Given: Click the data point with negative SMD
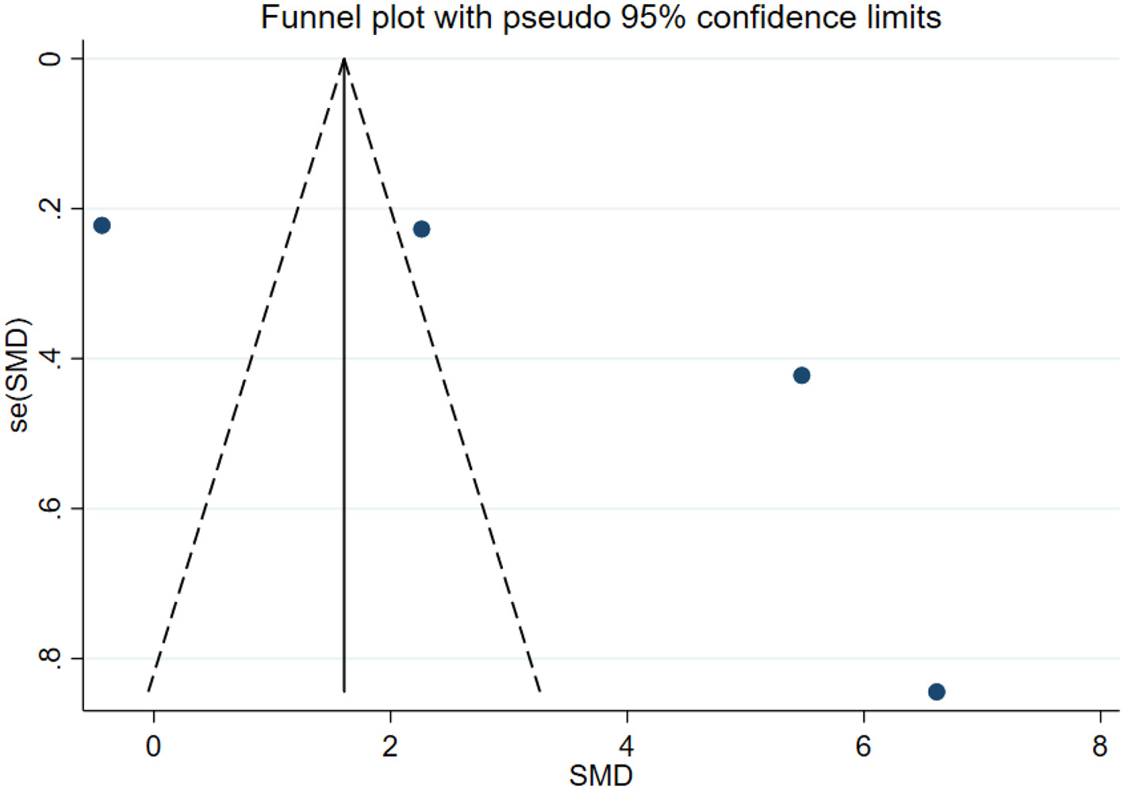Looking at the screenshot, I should (x=102, y=225).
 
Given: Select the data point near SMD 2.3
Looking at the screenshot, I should (x=421, y=229).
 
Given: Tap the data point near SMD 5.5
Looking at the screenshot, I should (x=801, y=376).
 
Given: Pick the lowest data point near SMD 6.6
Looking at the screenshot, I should (x=936, y=692).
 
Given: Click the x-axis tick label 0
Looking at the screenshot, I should (x=153, y=746).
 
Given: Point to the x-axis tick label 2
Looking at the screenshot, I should (x=389, y=746).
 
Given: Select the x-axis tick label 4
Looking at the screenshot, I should (x=627, y=746).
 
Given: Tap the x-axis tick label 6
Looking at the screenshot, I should (x=863, y=746).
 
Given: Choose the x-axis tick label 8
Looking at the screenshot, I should (x=1099, y=746).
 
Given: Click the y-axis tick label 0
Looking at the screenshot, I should (x=49, y=59).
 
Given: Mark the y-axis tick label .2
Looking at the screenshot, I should (x=49, y=208).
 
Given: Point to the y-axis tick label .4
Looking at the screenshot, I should (x=49, y=358).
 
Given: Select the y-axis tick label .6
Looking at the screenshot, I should (x=49, y=507).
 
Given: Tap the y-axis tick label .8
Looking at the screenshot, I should (x=49, y=657).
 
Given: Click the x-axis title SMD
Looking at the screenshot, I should (x=600, y=775).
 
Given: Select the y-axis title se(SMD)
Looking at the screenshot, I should (x=19, y=375).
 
